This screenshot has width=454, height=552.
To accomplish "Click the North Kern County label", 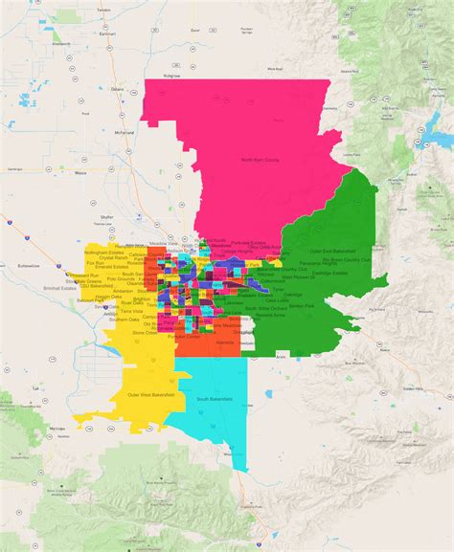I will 260,160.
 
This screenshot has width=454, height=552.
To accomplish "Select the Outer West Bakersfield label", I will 150,394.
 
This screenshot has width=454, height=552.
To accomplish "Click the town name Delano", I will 117,89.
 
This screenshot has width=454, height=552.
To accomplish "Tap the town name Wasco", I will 79,173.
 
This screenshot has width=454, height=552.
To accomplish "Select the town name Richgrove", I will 172,75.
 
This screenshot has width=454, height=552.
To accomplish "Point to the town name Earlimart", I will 112,34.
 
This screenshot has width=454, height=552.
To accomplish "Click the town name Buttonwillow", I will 28,265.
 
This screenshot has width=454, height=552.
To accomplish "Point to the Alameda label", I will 227,341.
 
